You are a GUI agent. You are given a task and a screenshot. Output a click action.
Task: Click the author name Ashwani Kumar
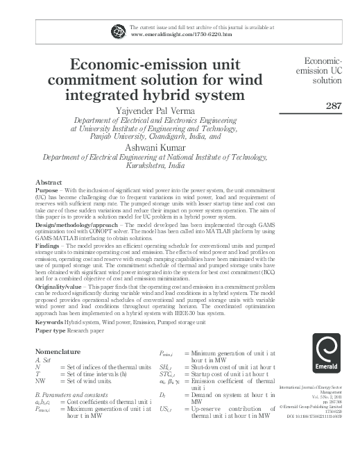tap(162, 147)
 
